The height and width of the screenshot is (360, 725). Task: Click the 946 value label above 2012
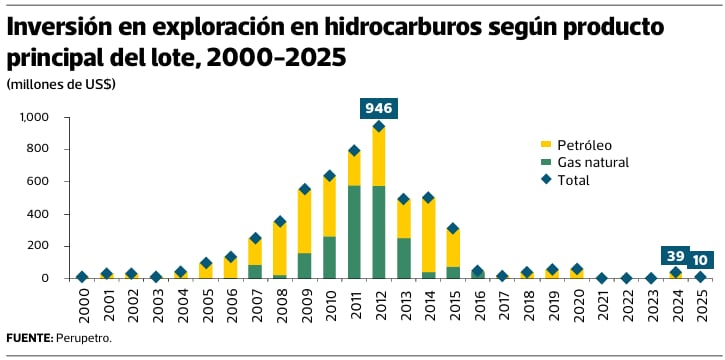pos(379,109)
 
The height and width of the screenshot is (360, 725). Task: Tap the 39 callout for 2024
pos(675,256)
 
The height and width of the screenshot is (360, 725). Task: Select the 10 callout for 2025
pos(700,260)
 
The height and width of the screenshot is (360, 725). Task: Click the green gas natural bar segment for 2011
pos(354,232)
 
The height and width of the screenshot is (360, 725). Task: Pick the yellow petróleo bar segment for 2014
pos(428,235)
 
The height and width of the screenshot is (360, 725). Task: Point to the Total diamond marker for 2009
pos(305,189)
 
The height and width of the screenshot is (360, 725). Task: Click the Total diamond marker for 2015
pos(453,228)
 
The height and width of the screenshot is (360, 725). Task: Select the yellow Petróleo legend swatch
pos(546,145)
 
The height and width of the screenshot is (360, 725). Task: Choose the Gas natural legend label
pos(593,163)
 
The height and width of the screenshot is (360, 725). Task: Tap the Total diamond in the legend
pos(546,180)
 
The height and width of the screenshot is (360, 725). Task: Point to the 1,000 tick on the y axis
pos(33,117)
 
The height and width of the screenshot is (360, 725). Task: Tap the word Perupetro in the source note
pos(83,338)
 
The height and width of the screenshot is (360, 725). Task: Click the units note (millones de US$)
pos(61,85)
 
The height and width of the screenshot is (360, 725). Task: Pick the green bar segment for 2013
pos(404,258)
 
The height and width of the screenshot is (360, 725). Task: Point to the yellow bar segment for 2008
pos(280,249)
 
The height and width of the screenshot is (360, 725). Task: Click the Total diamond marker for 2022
pos(626,278)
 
